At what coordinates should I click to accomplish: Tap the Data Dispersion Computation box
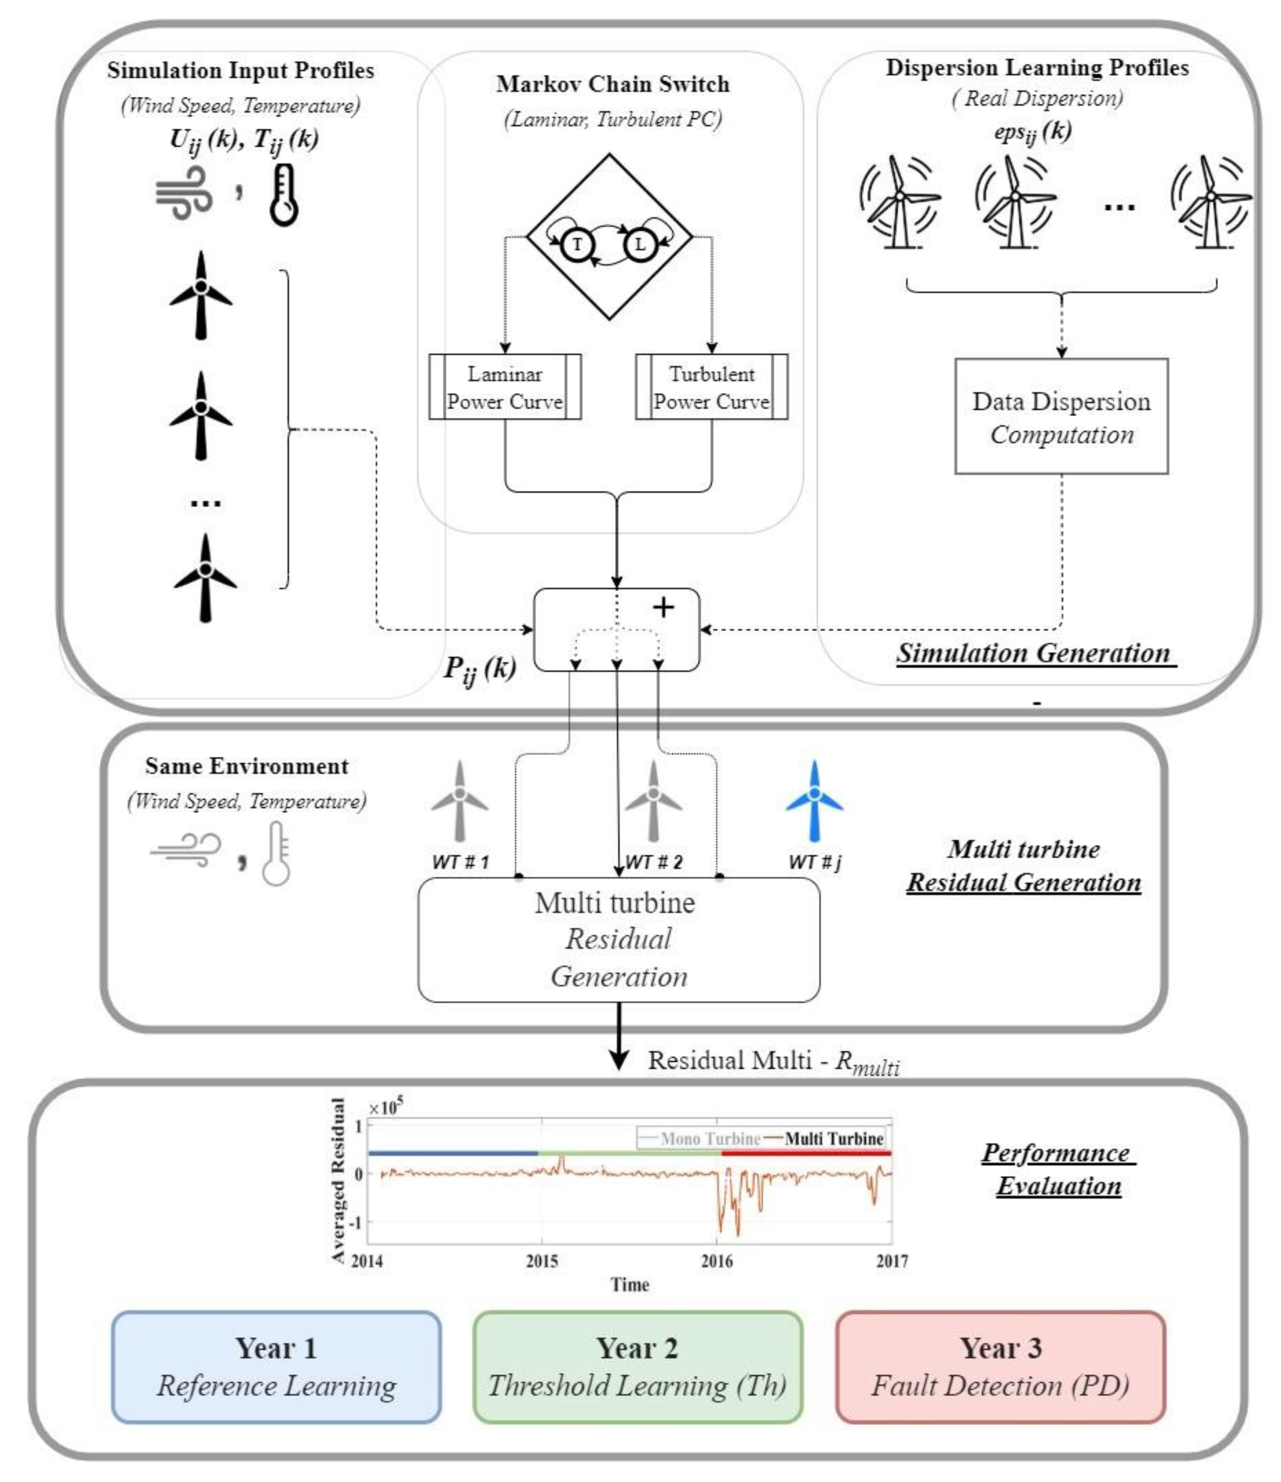[x=1061, y=416]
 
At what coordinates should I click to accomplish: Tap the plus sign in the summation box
[x=663, y=607]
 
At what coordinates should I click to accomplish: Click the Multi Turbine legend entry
[x=825, y=1139]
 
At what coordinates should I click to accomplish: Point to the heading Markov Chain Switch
[x=613, y=84]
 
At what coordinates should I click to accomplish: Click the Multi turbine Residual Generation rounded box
[x=619, y=940]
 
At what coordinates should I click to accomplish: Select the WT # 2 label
[x=654, y=862]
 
